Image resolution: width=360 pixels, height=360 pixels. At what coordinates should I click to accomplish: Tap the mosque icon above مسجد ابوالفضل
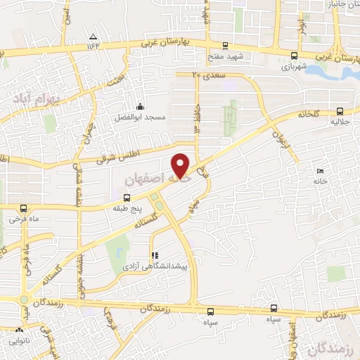[x=139, y=106]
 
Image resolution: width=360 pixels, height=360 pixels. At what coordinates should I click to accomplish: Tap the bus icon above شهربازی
[x=294, y=56]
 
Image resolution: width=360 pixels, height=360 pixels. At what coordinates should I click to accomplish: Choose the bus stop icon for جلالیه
[x=341, y=110]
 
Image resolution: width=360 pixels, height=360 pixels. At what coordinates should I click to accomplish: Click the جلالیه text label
[x=341, y=121]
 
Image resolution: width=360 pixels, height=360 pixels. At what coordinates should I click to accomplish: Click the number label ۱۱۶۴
[x=94, y=46]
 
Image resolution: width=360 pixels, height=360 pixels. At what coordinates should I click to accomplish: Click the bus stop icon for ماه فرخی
[x=23, y=208]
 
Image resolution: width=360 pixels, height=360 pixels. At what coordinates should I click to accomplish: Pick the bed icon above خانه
[x=321, y=172]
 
